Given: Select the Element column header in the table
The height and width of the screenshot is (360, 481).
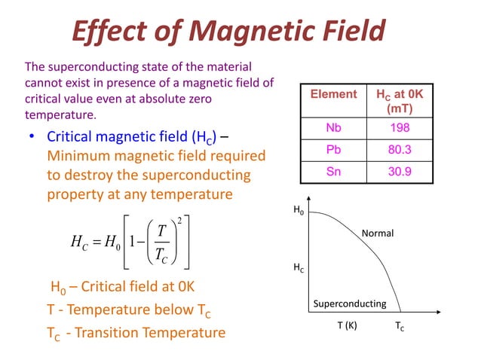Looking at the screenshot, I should (334, 94).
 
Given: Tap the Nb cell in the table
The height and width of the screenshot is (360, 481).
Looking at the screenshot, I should (334, 128).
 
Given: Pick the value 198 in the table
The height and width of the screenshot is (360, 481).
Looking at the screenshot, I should (400, 128).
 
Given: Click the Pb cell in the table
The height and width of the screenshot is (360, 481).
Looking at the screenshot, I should (334, 150).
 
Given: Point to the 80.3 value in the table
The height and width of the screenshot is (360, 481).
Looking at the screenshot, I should (400, 150).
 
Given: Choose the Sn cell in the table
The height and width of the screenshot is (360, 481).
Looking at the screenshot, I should (334, 171).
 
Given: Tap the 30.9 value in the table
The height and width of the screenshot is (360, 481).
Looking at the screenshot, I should (400, 171).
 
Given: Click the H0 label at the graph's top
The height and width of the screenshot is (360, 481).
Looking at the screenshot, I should (299, 212).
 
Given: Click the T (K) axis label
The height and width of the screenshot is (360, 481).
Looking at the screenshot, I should (347, 328).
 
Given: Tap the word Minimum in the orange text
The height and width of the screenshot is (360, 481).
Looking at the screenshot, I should (78, 157).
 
